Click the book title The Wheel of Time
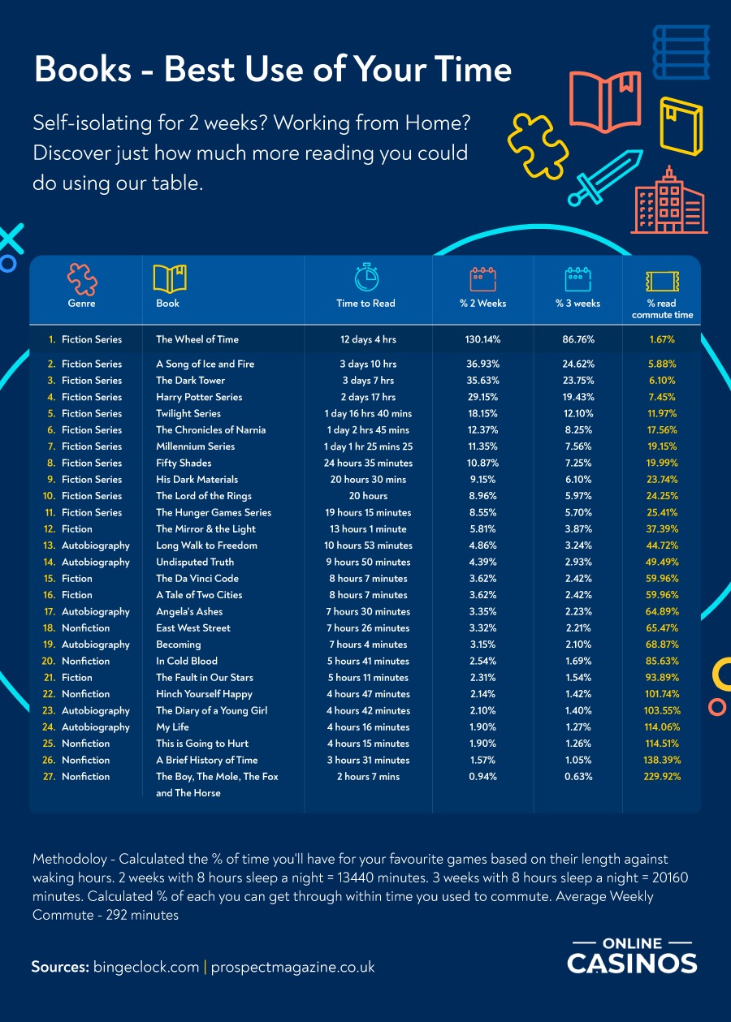pos(197,339)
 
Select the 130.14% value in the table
pos(482,339)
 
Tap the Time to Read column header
pos(365,304)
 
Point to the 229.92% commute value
pos(661,777)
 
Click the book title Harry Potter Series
pos(199,397)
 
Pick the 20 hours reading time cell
pos(368,496)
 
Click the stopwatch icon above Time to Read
pos(366,277)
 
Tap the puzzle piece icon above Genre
pos(81,279)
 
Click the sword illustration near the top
pos(598,178)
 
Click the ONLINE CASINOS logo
pos(632,955)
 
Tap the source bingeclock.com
pos(146,967)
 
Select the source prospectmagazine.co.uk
pos(292,967)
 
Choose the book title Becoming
pos(178,645)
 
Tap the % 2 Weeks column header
pos(482,304)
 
